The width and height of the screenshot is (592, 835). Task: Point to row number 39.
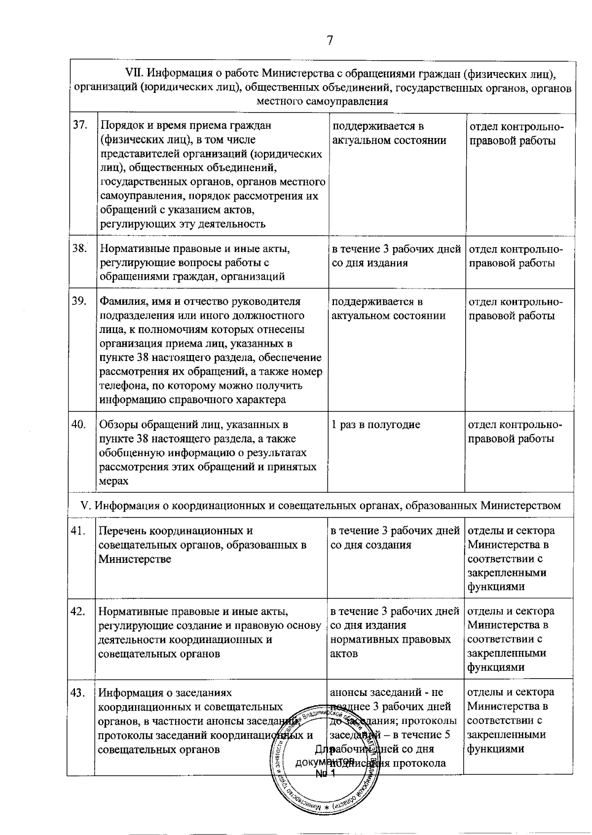coord(79,301)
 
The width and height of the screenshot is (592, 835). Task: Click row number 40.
coord(79,425)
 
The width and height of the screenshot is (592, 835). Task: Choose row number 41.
coord(78,531)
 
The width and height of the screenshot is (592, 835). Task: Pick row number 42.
coord(77,612)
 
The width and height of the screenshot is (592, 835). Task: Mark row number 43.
coord(77,692)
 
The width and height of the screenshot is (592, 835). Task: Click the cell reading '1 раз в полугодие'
coord(375,425)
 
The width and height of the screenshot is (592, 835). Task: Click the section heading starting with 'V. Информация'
coord(321,506)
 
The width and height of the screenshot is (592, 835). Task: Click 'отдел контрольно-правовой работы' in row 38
coord(515,255)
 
